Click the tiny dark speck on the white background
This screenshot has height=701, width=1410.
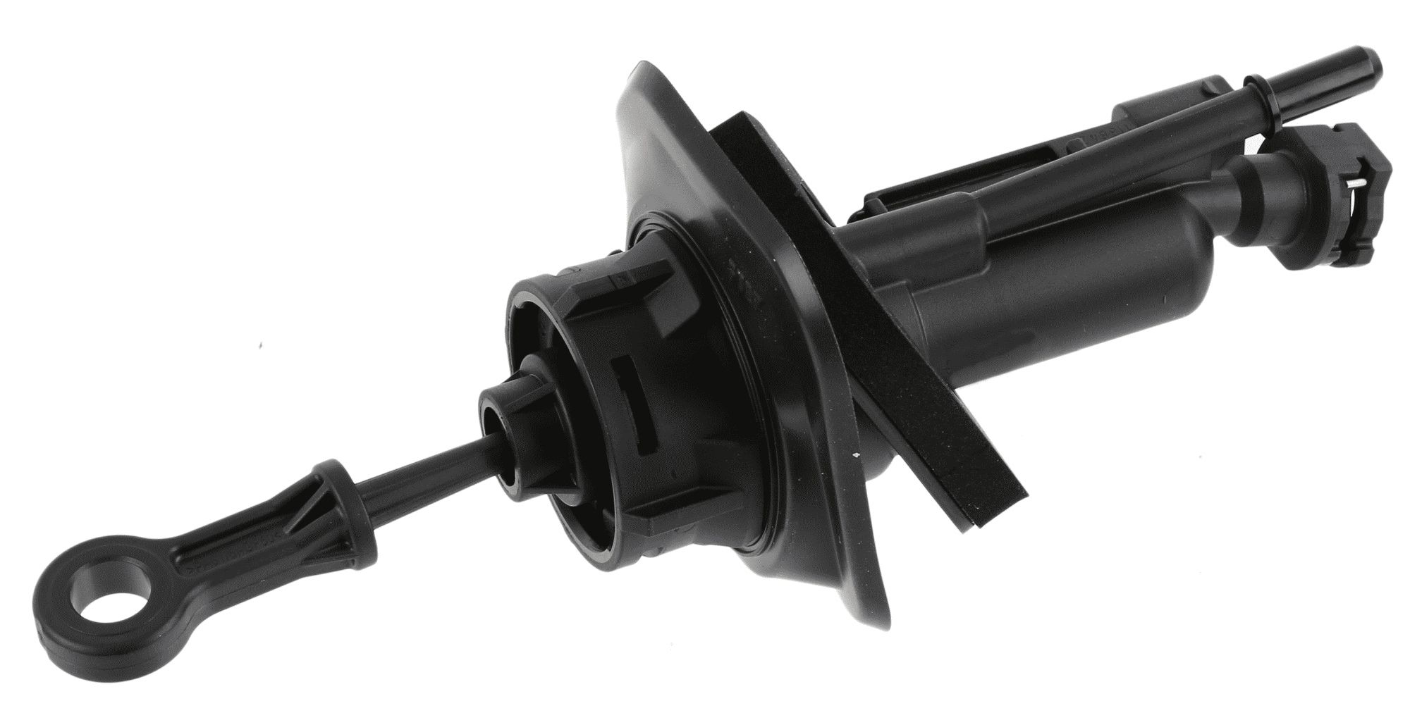coord(262,346)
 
